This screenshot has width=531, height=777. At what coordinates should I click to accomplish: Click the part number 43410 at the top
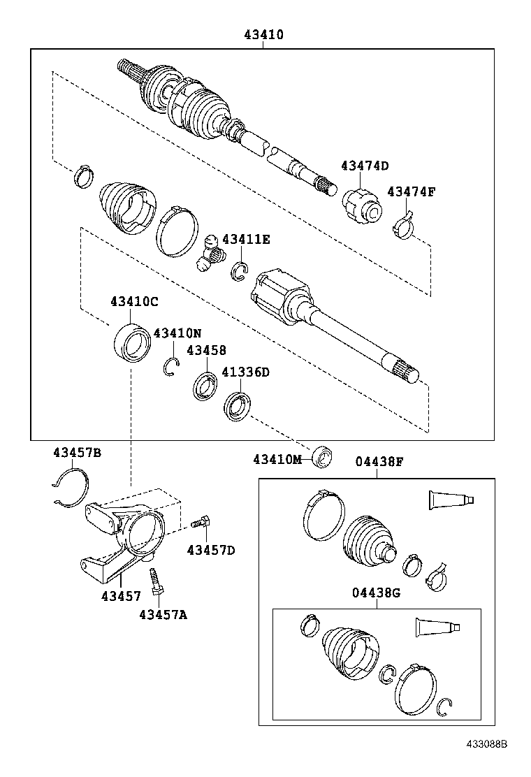[x=264, y=34]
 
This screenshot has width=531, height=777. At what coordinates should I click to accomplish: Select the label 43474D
[x=365, y=166]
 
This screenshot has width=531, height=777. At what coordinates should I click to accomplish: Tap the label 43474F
[x=412, y=191]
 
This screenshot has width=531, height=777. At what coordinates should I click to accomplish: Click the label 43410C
[x=134, y=302]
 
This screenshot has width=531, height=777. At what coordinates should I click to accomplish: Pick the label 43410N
[x=177, y=333]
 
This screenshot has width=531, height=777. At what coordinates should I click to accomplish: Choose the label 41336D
[x=245, y=372]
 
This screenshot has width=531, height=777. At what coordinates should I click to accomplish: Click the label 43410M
[x=277, y=459]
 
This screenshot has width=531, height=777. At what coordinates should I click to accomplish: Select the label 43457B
[x=77, y=453]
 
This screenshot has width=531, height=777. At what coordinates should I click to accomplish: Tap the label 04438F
[x=379, y=461]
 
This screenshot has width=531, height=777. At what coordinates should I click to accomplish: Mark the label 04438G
[x=376, y=593]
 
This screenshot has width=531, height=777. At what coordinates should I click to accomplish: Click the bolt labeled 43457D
[x=202, y=521]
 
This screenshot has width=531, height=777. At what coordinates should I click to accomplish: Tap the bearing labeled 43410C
[x=131, y=342]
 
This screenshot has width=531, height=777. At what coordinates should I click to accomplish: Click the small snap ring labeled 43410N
[x=171, y=367]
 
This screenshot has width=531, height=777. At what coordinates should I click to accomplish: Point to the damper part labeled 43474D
[x=362, y=206]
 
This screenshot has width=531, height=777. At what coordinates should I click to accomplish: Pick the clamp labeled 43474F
[x=404, y=226]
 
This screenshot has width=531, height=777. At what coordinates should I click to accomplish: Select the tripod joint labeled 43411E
[x=211, y=253]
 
